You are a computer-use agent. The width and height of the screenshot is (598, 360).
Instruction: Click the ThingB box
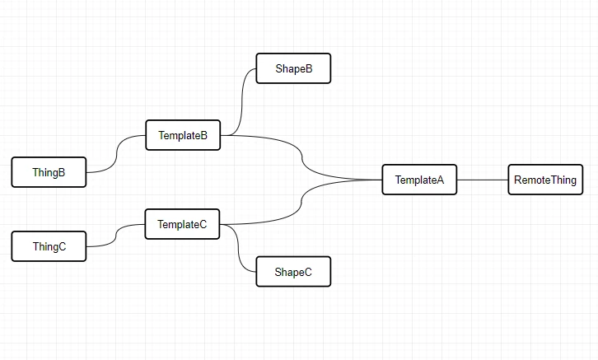[x=49, y=172]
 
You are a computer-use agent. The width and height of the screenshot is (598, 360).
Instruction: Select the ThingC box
[x=49, y=246]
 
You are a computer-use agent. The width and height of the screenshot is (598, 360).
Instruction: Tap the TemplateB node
[x=183, y=135]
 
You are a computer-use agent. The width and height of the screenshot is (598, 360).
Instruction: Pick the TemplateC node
[x=182, y=224]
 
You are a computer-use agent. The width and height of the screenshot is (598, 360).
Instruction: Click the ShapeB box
[x=293, y=68]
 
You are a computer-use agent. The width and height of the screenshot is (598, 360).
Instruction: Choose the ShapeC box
[x=293, y=272]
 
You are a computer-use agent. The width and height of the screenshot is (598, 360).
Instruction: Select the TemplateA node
[x=419, y=180]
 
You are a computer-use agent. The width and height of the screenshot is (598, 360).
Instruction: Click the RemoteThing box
[x=545, y=180]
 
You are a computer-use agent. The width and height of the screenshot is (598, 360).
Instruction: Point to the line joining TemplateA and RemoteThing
[x=483, y=180]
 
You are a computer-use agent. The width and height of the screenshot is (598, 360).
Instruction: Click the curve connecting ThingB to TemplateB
[x=116, y=153]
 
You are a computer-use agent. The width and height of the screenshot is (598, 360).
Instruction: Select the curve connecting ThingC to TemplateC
[x=115, y=236]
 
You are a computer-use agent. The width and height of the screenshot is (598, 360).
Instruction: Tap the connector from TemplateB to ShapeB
[x=241, y=102]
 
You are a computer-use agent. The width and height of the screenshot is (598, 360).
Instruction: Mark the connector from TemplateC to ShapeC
[x=238, y=248]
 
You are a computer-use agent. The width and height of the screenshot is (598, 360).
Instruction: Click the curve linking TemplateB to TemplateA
[x=302, y=157]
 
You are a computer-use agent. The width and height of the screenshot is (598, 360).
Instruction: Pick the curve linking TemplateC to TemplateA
[x=301, y=202]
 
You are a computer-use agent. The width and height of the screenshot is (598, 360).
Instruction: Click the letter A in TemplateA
[x=441, y=180]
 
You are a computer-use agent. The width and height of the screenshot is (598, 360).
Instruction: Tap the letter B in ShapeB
[x=309, y=68]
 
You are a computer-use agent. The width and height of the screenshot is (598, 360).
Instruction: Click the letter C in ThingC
[x=62, y=246]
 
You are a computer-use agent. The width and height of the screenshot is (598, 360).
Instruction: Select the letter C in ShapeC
[x=308, y=272]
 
